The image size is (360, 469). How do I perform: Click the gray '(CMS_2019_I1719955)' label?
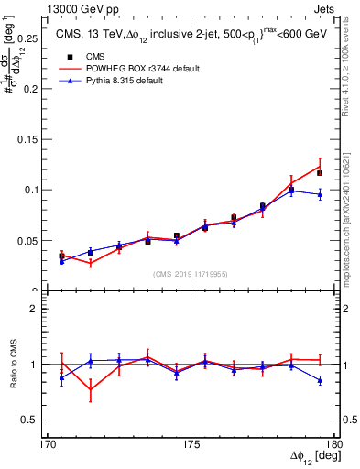[x=191, y=273]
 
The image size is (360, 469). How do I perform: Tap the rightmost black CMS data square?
[x=320, y=172]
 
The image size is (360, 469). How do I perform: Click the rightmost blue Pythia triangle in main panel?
[x=320, y=194]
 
